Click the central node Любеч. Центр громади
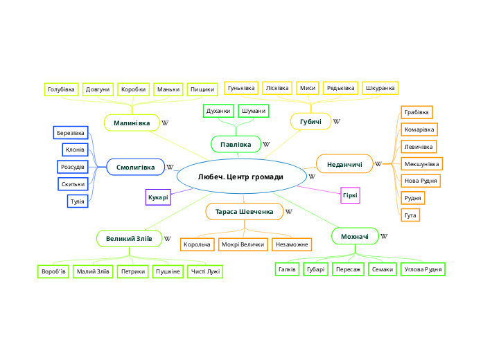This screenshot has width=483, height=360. tap(240, 177)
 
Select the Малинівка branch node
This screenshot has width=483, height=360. tap(132, 123)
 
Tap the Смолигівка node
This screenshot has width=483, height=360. tap(136, 167)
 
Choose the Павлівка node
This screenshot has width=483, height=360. tap(236, 144)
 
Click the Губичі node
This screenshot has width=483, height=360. tap(310, 121)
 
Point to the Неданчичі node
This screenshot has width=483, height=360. tap(344, 163)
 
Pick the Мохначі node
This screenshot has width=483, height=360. tap(355, 237)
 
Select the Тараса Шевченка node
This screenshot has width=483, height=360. tap(244, 210)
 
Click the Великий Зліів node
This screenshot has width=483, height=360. tap(129, 239)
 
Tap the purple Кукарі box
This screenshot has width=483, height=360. tap(158, 197)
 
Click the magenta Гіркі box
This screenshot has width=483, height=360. tap(351, 195)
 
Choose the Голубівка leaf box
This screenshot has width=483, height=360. tap(61, 89)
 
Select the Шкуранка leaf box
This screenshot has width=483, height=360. tap(380, 88)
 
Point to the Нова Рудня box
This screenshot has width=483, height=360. tap(421, 181)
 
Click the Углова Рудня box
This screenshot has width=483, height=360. tap(423, 269)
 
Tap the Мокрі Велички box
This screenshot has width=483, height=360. tap(243, 244)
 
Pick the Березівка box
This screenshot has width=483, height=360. tap(71, 132)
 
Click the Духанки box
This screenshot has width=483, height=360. tap(219, 111)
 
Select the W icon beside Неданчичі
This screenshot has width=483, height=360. tap(378, 164)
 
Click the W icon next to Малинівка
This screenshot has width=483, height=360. tap(165, 123)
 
